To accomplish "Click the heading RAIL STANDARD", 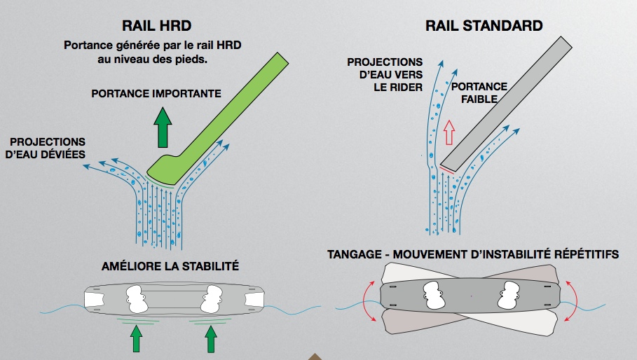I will coord(484,26).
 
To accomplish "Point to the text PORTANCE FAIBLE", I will coord(479,92).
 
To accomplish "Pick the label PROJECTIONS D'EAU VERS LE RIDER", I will coord(385,74).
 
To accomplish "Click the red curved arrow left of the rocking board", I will coord(371,301).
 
